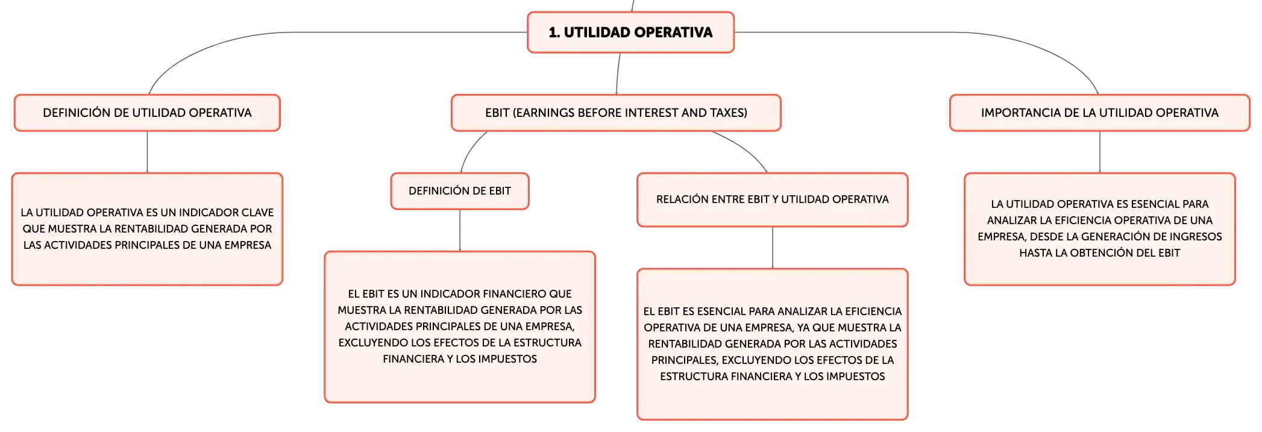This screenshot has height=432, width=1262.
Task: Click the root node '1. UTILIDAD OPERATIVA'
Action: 630,33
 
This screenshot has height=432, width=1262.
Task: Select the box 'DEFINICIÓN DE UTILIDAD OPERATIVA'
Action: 147,113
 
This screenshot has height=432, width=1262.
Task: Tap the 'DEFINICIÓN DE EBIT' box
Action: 460,191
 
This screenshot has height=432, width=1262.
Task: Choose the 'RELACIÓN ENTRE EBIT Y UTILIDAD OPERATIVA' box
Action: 773,199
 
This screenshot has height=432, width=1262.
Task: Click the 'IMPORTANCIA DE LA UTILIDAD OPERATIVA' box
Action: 1100,113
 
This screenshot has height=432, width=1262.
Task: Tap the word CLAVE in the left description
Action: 258,213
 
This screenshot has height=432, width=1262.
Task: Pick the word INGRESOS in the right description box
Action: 1199,237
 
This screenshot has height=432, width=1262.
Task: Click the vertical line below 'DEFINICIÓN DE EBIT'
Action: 460,230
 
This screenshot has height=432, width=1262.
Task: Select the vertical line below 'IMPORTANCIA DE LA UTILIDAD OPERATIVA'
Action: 1100,152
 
